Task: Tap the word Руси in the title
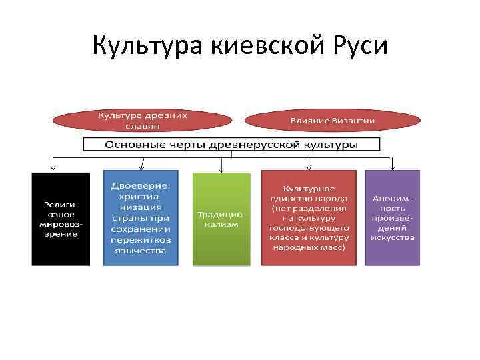356,46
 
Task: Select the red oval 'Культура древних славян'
143,121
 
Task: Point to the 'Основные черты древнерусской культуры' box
231,145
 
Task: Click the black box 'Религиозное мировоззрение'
61,219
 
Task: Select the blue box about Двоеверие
140,217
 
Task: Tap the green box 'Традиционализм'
221,219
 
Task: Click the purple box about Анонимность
393,217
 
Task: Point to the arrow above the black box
53,164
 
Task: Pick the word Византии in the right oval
351,121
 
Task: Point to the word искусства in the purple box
393,237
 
